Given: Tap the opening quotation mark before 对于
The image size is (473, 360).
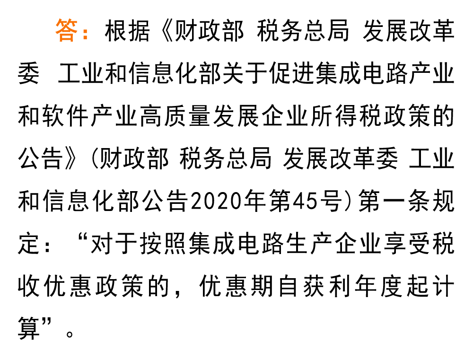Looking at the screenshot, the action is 83,238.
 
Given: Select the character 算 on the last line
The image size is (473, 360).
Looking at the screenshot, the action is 29,328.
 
